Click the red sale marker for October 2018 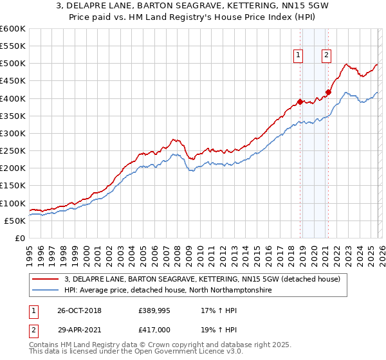coord(300,102)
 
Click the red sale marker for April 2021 coord(328,92)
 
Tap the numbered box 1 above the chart coord(299,56)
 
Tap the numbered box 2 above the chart coord(327,56)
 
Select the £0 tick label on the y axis coord(19,239)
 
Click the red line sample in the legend coord(47,279)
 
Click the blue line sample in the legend coord(47,291)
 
